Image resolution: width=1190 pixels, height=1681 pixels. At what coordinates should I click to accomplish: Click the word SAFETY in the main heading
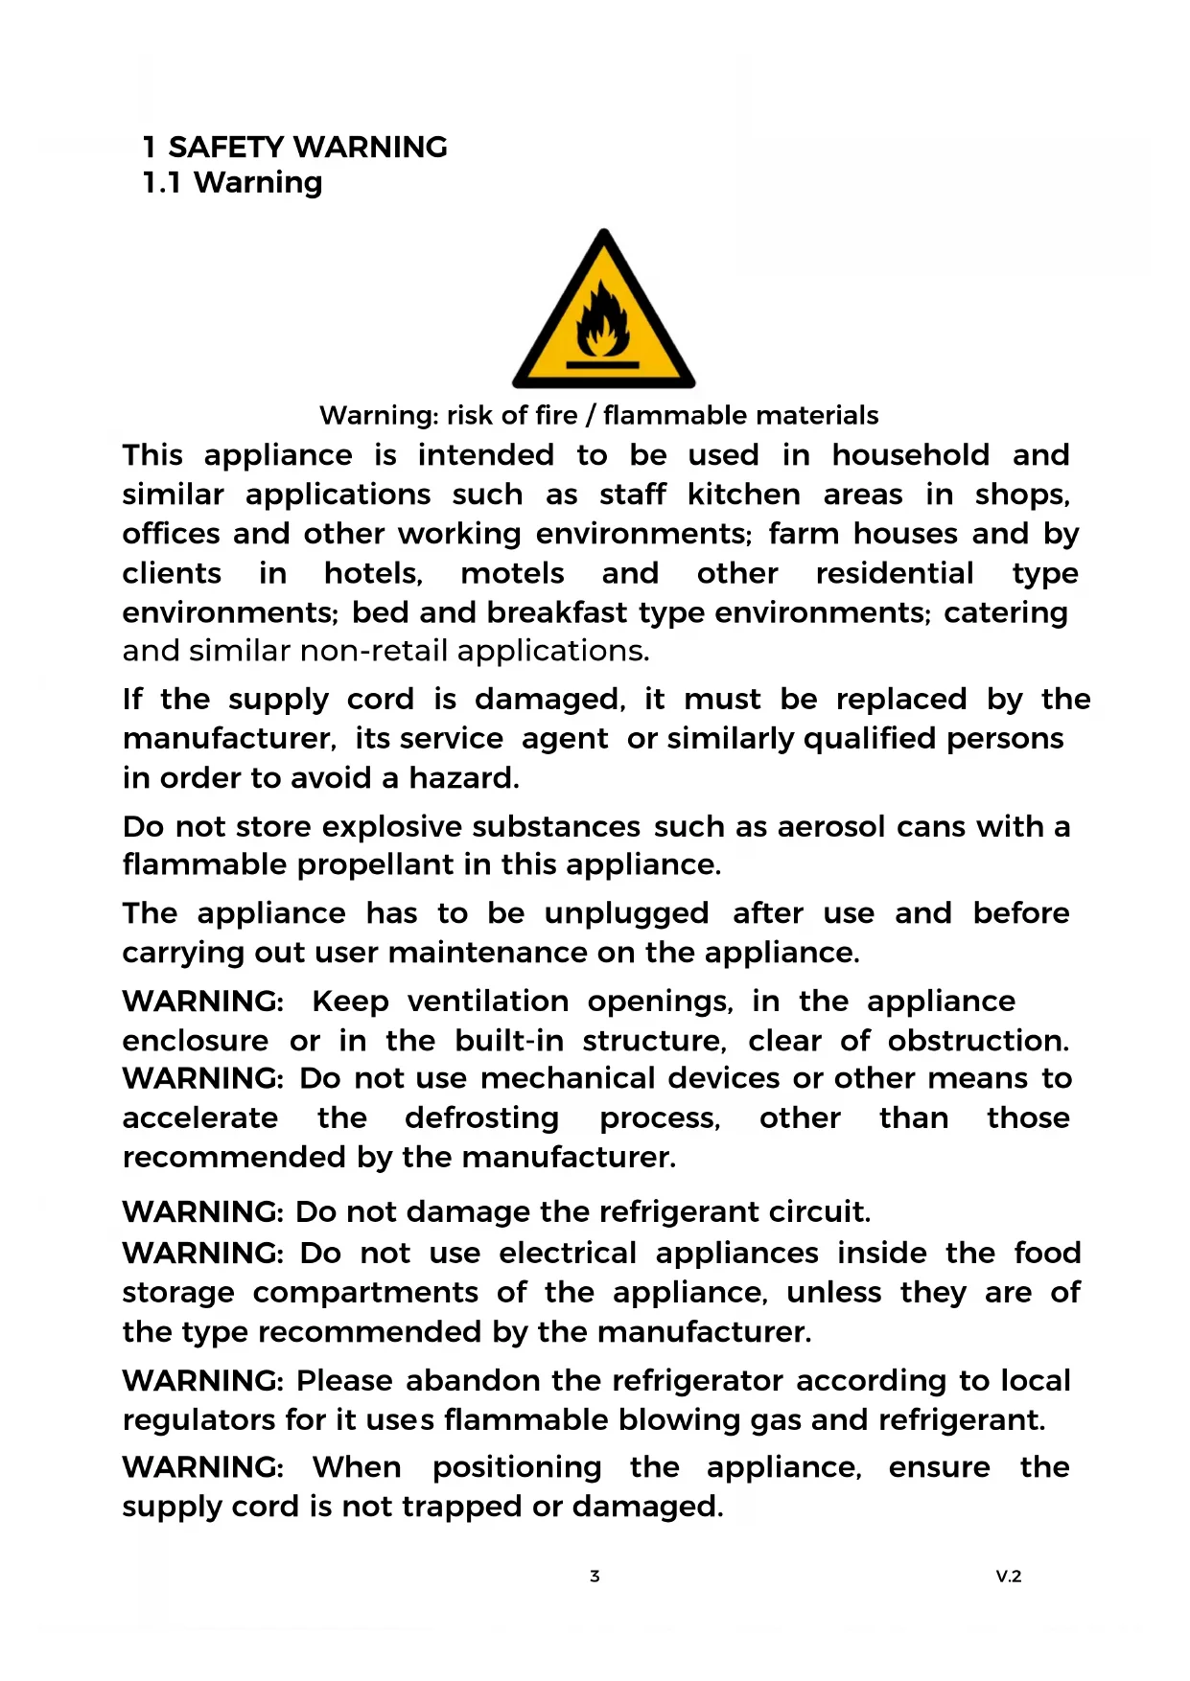click(225, 147)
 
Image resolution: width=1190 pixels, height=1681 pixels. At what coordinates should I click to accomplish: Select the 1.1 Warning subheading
click(232, 182)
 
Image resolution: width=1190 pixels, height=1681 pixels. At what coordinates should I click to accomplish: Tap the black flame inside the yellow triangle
click(601, 319)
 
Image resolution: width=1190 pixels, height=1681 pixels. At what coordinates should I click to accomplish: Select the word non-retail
click(374, 651)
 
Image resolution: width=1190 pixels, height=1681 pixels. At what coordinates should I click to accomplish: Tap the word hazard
click(463, 777)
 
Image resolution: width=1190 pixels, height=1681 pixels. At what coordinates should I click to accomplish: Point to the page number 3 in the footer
click(595, 1576)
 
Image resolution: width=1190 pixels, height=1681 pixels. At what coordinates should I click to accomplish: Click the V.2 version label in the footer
click(1008, 1576)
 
